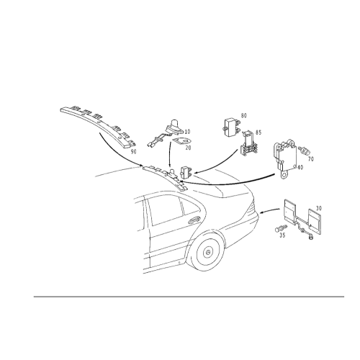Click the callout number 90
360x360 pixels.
pyautogui.click(x=133, y=152)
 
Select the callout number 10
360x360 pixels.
pyautogui.click(x=187, y=132)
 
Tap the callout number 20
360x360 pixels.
pyautogui.click(x=189, y=148)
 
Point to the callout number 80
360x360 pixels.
pyautogui.click(x=243, y=115)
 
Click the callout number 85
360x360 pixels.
pyautogui.click(x=258, y=132)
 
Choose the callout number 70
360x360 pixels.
pyautogui.click(x=311, y=159)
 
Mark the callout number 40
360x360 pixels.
pyautogui.click(x=300, y=167)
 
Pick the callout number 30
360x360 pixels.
pyautogui.click(x=319, y=208)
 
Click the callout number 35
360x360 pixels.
pyautogui.click(x=282, y=235)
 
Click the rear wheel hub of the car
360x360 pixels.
pyautogui.click(x=208, y=252)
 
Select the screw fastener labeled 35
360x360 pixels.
pyautogui.click(x=281, y=228)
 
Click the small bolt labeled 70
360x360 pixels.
pyautogui.click(x=305, y=150)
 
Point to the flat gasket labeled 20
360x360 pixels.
pyautogui.click(x=182, y=141)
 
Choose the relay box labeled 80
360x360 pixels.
pyautogui.click(x=231, y=127)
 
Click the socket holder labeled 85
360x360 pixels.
pyautogui.click(x=249, y=144)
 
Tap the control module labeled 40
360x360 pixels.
pyautogui.click(x=286, y=158)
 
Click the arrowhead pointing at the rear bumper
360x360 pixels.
pyautogui.click(x=262, y=212)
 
